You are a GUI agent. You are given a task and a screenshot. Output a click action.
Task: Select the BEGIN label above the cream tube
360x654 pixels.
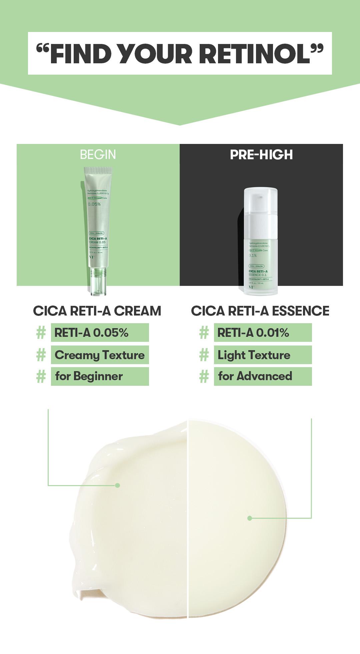(x=98, y=155)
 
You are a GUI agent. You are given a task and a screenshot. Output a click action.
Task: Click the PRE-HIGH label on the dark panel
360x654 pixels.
(x=261, y=155)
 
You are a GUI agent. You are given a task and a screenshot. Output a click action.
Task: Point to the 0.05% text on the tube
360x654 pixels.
(x=94, y=204)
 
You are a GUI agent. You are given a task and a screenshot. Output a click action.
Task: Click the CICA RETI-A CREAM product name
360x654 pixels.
(x=97, y=311)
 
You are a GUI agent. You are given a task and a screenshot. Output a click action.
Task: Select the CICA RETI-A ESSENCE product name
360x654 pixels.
(x=260, y=311)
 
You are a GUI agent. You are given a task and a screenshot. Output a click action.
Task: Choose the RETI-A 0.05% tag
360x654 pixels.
(x=100, y=332)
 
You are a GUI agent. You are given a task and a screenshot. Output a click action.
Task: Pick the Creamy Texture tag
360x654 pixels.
(x=100, y=355)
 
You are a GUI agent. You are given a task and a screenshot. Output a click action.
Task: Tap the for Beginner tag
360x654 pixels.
(x=100, y=376)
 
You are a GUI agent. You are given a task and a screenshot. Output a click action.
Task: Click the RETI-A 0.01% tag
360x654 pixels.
(x=263, y=332)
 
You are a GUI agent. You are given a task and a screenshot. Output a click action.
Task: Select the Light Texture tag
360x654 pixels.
(x=263, y=355)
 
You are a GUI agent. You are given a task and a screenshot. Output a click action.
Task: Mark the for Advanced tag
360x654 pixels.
(x=263, y=376)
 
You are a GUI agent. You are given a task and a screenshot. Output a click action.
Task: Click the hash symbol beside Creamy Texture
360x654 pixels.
(x=41, y=355)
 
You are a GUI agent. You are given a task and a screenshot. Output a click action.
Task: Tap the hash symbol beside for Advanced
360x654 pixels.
(x=204, y=376)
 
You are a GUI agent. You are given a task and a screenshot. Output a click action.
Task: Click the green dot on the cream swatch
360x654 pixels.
(x=117, y=485)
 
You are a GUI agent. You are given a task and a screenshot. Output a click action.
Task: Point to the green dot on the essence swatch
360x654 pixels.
(x=250, y=518)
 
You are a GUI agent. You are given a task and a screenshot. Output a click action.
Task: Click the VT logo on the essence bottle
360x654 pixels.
(x=251, y=287)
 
